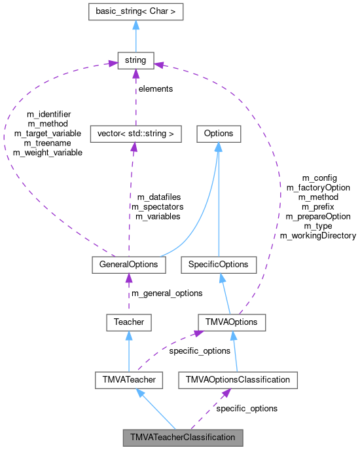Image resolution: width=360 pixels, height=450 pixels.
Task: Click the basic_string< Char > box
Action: coord(135,11)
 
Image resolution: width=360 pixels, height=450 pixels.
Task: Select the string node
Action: coord(135,61)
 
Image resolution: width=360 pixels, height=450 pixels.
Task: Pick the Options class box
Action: coord(219,134)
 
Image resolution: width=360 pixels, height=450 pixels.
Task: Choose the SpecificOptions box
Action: coord(219,265)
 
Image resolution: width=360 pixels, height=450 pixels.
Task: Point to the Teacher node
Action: coord(129,322)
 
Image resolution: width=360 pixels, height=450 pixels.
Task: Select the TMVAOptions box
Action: coord(232,322)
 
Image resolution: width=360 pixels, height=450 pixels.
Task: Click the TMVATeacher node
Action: coord(130,379)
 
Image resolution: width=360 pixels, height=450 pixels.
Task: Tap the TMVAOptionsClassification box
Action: coord(238,379)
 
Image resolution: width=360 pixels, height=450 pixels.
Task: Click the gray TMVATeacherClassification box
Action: coord(183,437)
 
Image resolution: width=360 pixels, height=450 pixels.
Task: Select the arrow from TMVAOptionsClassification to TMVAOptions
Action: coord(234,350)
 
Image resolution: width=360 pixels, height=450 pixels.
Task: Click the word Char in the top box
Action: coord(160,11)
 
